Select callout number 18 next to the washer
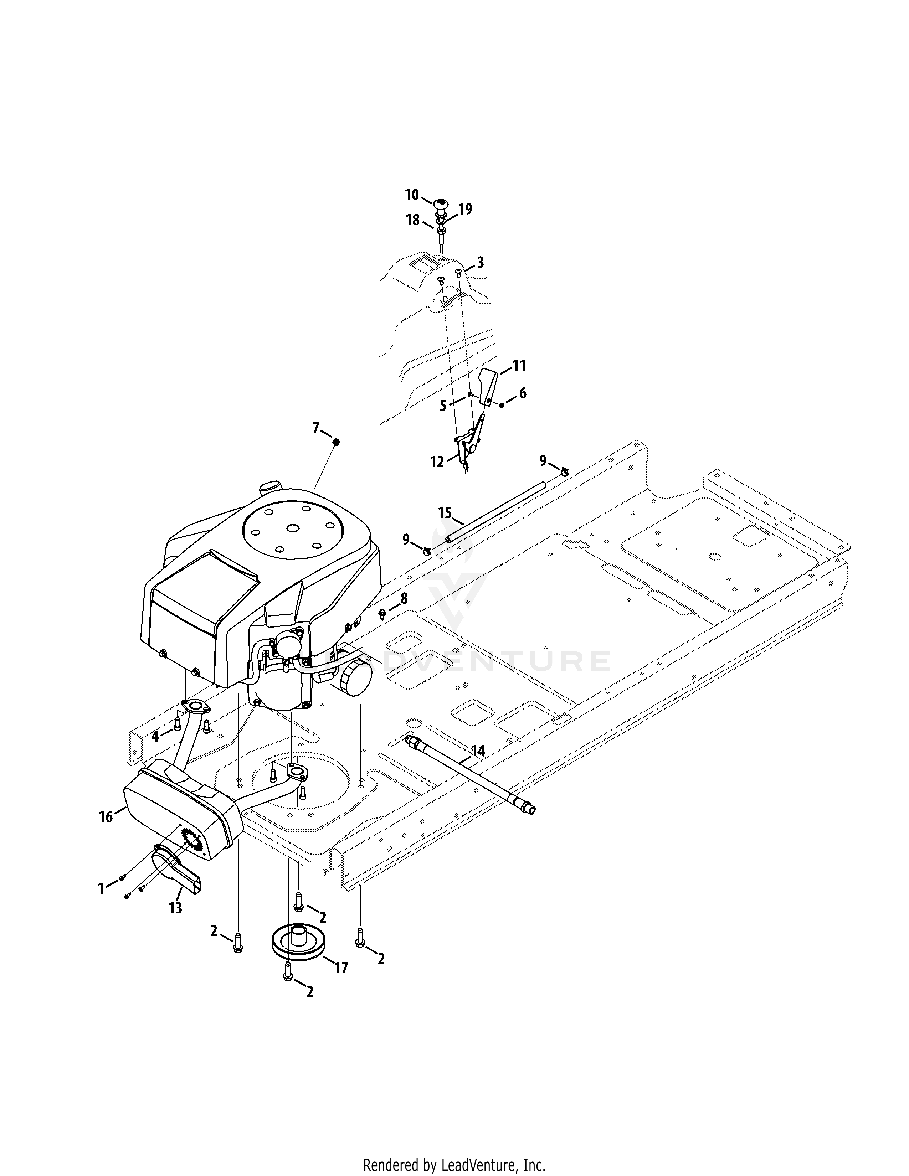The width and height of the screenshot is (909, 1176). pos(413,220)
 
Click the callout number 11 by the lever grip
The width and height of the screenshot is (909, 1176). pos(519,366)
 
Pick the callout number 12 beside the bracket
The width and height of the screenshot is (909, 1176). pos(437,461)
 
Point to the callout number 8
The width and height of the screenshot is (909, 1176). pos(404,598)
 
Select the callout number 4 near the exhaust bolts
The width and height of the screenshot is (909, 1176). pos(155,736)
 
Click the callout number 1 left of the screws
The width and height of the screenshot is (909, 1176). pos(101,888)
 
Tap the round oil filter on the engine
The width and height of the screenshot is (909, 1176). pos(355,676)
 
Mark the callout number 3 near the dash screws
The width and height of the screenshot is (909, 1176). pos(481,262)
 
